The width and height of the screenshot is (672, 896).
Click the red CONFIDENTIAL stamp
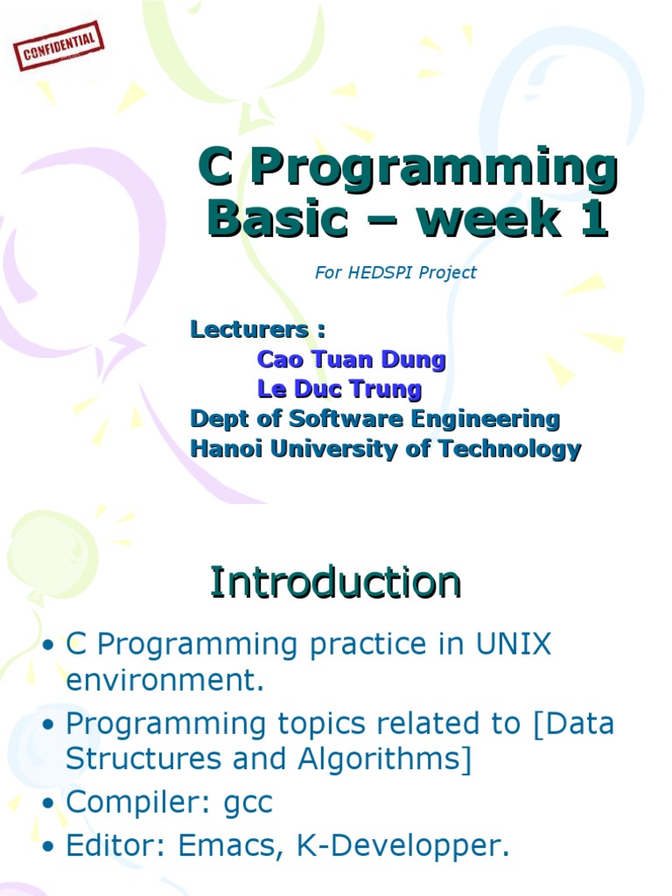tap(59, 46)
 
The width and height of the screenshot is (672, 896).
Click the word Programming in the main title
tap(434, 168)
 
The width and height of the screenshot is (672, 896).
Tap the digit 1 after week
tap(593, 218)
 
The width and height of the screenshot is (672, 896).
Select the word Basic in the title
tap(277, 218)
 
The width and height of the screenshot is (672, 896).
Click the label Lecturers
tap(249, 330)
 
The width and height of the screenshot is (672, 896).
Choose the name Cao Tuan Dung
tap(352, 360)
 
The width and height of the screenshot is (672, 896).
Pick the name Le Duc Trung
tap(339, 389)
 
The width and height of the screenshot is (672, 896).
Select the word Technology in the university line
tap(510, 449)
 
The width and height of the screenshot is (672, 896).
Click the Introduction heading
tap(335, 582)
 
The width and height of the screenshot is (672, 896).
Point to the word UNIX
tap(513, 644)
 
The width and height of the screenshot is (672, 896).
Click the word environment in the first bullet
tap(165, 680)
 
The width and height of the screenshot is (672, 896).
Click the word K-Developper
tap(402, 847)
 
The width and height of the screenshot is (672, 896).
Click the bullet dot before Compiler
tap(49, 803)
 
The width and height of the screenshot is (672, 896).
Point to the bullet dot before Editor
tap(49, 847)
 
